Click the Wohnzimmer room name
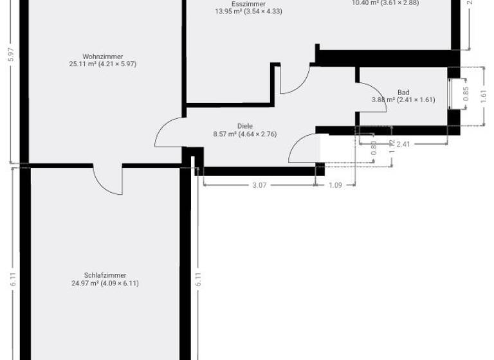[103, 56]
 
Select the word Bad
[403, 92]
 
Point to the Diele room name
[244, 126]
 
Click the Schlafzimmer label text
[105, 274]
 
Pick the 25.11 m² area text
[103, 64]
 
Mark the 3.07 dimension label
[259, 185]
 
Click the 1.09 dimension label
[336, 185]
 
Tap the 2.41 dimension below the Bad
[403, 144]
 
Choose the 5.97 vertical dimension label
[10, 55]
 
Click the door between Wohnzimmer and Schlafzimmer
[107, 179]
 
